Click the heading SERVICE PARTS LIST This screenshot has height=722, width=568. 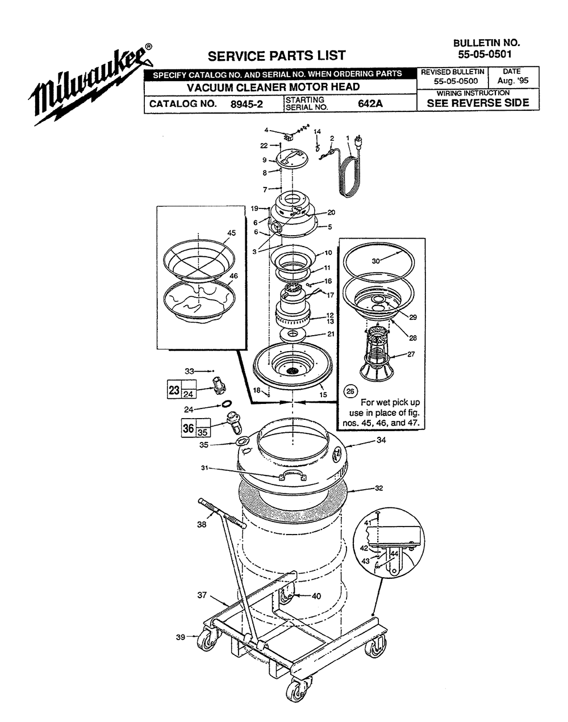(277, 56)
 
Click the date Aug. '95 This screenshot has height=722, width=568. (513, 81)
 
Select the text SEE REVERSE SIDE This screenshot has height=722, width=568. (478, 103)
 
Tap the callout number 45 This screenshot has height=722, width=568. (231, 233)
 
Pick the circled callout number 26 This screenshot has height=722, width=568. (350, 391)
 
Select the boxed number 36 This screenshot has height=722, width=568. (188, 427)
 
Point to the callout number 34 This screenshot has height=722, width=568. (381, 440)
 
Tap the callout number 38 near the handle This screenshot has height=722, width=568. (202, 525)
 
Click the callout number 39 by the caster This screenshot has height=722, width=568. (181, 637)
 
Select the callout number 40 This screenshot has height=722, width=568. (316, 596)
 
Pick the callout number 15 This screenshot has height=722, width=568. (323, 395)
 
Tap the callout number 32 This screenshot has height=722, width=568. (379, 488)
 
